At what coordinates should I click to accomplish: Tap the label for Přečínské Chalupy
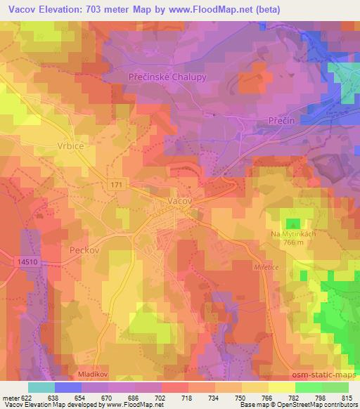coord(167,77)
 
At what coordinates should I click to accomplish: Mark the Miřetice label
coord(266,267)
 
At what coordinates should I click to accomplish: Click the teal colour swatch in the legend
coord(41,387)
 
